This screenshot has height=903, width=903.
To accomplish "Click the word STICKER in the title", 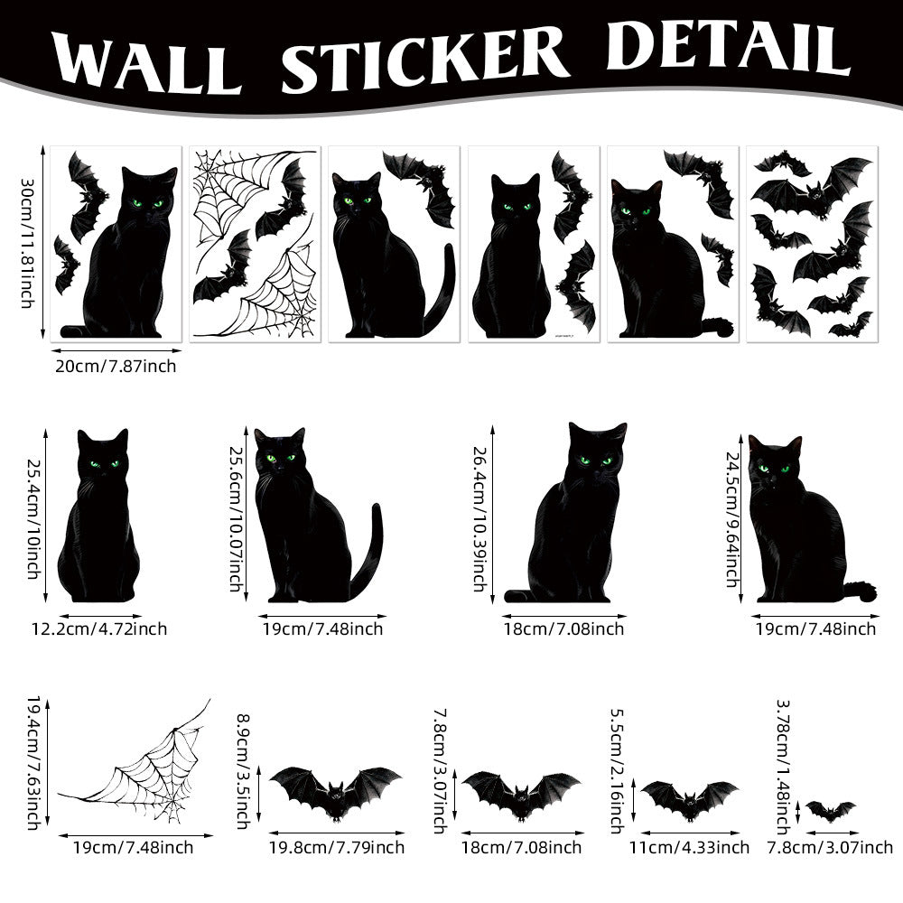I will pos(424,55).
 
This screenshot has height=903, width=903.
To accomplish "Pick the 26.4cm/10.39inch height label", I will pos(479,518).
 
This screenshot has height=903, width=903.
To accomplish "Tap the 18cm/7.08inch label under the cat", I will pos(563,628).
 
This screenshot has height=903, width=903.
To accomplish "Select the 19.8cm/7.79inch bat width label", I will pos(336,847).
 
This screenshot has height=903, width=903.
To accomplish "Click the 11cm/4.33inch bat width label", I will pos(689,847).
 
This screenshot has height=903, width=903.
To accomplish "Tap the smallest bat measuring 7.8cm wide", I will pos(830,810).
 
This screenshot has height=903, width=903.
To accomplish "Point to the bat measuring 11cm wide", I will pos(689,797).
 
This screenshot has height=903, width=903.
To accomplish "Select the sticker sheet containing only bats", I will pos(811,243).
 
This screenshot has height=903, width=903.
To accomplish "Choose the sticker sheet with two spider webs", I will pos(256,243).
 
